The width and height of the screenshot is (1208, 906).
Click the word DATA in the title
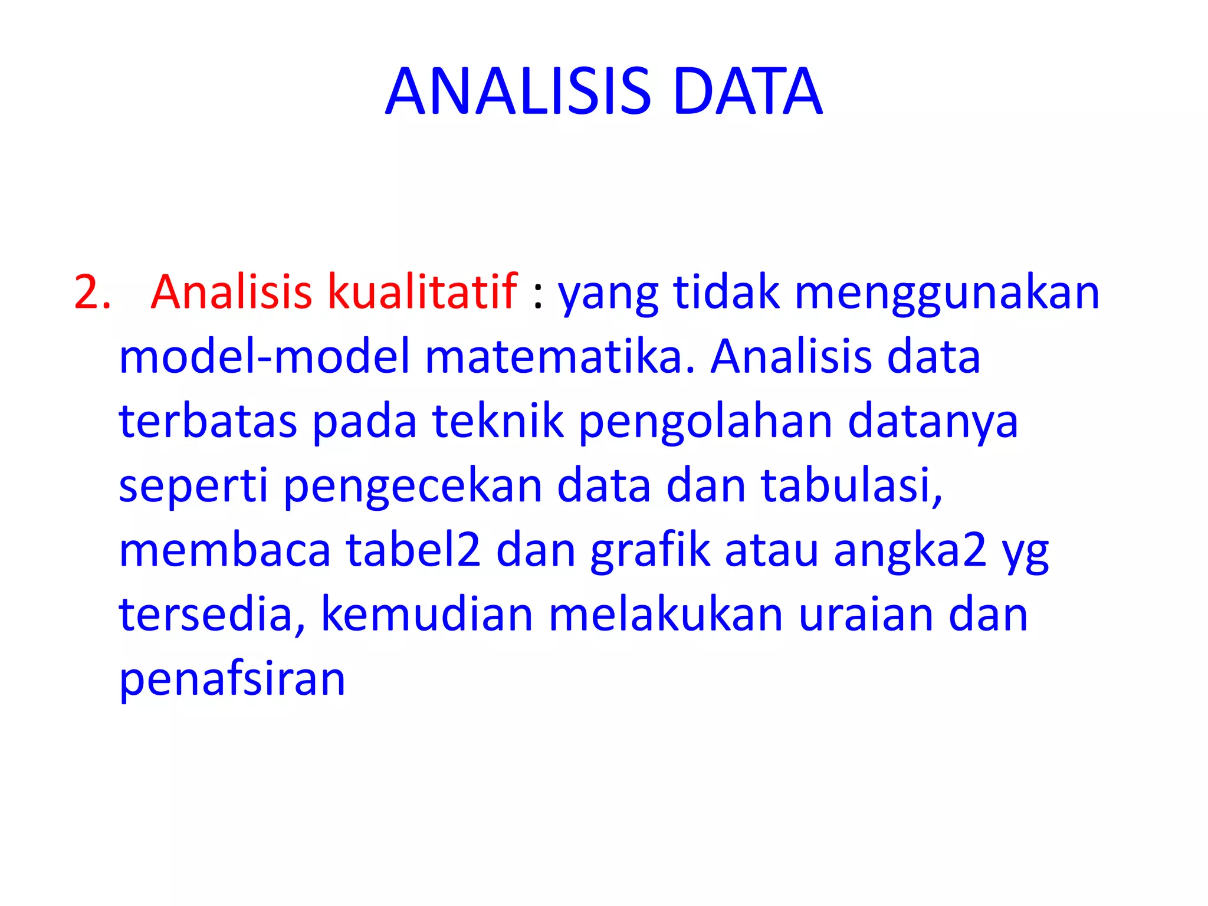[x=747, y=91]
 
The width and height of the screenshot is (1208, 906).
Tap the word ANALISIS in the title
[x=518, y=91]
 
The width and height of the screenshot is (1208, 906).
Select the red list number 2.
[x=92, y=292]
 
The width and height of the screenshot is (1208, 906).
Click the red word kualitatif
[x=422, y=292]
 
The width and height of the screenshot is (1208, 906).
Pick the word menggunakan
[x=947, y=293]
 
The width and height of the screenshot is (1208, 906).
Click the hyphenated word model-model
[x=264, y=357]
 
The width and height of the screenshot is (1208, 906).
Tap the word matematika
[x=560, y=357]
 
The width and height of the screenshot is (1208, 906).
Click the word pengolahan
[x=705, y=422]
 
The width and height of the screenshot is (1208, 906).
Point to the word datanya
[x=933, y=422]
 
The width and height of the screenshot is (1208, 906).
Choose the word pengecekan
[x=413, y=487]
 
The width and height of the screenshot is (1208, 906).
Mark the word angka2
[x=910, y=551]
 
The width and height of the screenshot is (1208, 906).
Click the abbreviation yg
[x=1025, y=553]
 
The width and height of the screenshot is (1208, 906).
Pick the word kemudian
[x=427, y=615]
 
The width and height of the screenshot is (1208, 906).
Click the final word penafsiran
[x=232, y=679]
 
